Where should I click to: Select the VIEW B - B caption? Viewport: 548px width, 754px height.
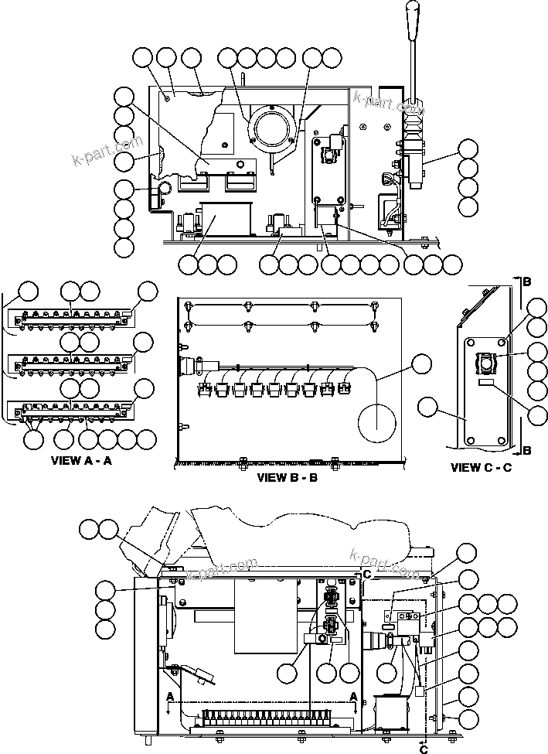point(287,477)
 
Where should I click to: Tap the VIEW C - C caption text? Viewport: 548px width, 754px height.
point(481,467)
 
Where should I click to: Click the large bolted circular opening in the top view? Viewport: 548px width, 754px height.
point(272,128)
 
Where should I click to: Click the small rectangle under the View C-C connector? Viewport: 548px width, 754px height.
point(485,384)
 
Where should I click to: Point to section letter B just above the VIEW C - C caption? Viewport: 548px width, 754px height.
point(526,449)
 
